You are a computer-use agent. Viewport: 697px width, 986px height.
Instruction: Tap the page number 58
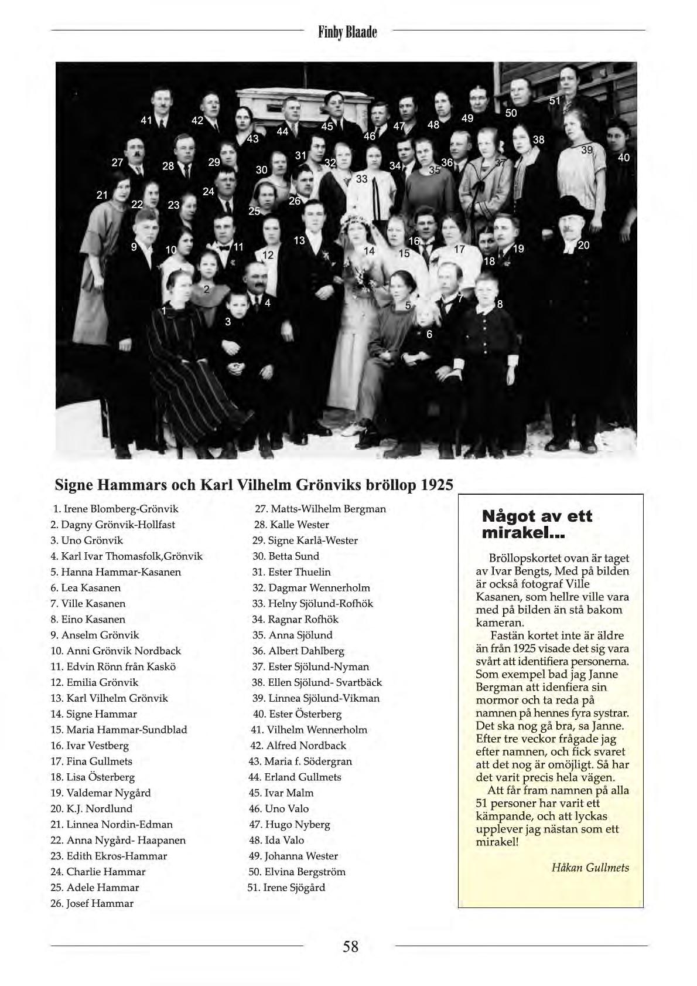[350, 946]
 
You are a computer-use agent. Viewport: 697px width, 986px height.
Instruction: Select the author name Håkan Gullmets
[590, 868]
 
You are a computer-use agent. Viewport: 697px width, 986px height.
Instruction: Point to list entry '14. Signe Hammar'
[94, 714]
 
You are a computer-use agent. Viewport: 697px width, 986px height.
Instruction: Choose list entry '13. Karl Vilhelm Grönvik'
[110, 698]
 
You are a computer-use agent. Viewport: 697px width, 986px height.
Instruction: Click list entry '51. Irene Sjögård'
[286, 888]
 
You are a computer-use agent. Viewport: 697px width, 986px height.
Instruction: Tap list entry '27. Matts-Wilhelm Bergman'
[320, 509]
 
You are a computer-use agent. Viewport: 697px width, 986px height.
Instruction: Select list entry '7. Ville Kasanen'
[88, 603]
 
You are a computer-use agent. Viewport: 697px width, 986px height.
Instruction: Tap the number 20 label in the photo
[583, 245]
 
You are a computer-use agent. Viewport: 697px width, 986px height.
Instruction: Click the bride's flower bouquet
[363, 280]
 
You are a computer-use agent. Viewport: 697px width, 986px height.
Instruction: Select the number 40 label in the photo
[623, 158]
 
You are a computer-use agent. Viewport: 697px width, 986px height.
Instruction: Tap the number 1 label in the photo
[165, 310]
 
